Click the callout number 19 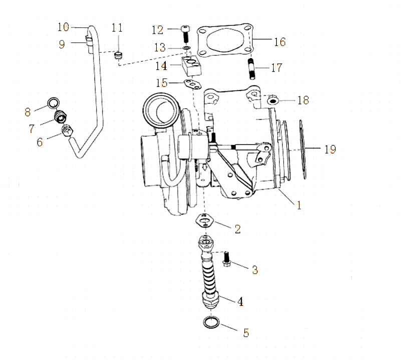pos(329,149)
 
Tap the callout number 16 pos(279,41)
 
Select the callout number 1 pos(299,204)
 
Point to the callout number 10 pos(64,26)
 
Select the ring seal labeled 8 pos(52,104)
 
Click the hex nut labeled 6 pos(68,131)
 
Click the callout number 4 pos(240,301)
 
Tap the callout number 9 pos(62,44)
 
